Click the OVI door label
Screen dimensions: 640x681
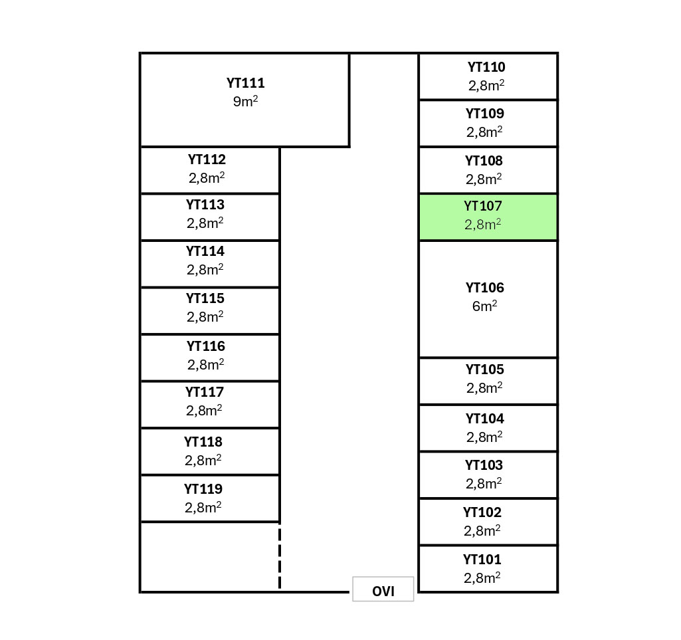click(383, 591)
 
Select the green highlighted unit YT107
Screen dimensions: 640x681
click(488, 217)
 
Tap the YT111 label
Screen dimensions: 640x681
click(245, 84)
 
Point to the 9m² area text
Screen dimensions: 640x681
click(245, 102)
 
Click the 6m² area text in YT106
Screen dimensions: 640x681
click(485, 306)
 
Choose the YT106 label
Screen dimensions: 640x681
click(485, 288)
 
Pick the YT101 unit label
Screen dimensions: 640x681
click(482, 560)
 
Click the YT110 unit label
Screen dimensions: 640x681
click(486, 67)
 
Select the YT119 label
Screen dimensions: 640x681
click(203, 489)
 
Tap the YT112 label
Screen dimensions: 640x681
click(207, 160)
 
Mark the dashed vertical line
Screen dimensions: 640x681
click(280, 557)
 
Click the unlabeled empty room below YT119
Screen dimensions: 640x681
click(209, 556)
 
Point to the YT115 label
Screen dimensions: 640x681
click(205, 298)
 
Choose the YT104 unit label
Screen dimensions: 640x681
click(485, 419)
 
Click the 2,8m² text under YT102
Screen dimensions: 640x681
click(482, 531)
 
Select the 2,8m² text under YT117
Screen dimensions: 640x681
click(205, 411)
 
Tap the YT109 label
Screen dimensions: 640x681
click(485, 114)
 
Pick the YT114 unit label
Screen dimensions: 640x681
click(205, 251)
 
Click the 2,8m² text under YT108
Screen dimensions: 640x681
click(484, 179)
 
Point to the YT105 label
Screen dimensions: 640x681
click(485, 370)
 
